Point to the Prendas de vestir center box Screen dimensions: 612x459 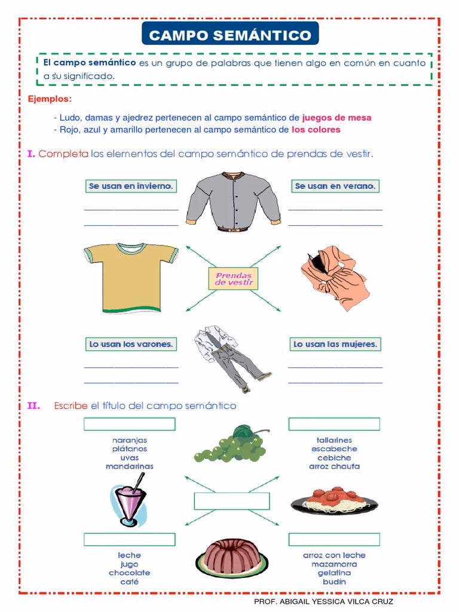[231, 279]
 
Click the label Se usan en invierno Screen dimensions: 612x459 [131, 186]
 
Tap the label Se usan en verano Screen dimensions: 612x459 [335, 186]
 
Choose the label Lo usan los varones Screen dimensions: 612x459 [131, 344]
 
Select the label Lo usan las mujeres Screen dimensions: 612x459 [335, 344]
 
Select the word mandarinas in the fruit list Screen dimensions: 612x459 [130, 466]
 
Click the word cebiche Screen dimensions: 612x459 [334, 458]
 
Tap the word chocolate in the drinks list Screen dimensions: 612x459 [129, 573]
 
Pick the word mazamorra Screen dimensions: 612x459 [334, 564]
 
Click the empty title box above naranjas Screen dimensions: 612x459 [130, 424]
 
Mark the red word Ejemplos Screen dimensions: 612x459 [50, 98]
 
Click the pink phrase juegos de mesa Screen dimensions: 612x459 [336, 118]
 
